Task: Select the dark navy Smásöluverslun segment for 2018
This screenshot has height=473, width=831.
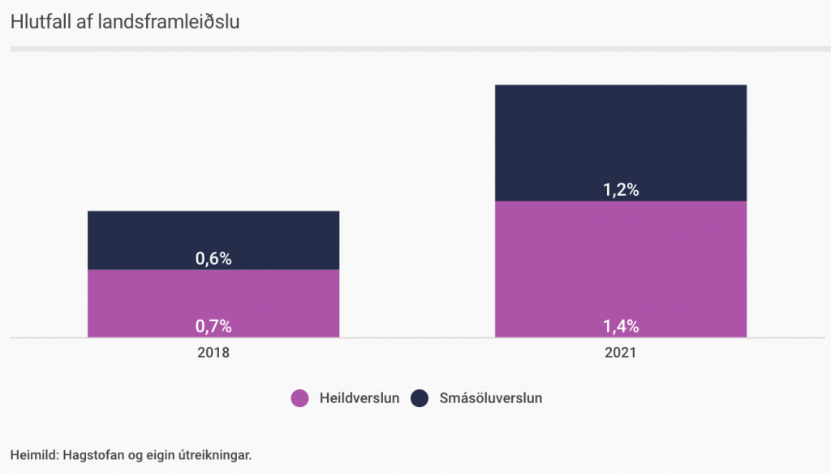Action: pyautogui.click(x=213, y=232)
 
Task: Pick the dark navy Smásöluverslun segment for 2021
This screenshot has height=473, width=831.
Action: pyautogui.click(x=621, y=138)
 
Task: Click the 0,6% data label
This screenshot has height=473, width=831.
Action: pyautogui.click(x=213, y=259)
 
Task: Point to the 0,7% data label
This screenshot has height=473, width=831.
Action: pyautogui.click(x=213, y=327)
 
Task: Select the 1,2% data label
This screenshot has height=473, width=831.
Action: pyautogui.click(x=621, y=190)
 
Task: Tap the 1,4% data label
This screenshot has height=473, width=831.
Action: pyautogui.click(x=621, y=327)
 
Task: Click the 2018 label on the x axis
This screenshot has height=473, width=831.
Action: pyautogui.click(x=213, y=354)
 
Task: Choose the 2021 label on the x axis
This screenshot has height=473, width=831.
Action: pyautogui.click(x=621, y=354)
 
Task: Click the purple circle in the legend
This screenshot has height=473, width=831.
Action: pyautogui.click(x=300, y=398)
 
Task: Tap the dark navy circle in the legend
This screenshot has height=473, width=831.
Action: pyautogui.click(x=420, y=398)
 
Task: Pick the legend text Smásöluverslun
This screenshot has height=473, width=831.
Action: pyautogui.click(x=490, y=398)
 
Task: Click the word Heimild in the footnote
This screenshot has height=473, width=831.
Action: pyautogui.click(x=32, y=454)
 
